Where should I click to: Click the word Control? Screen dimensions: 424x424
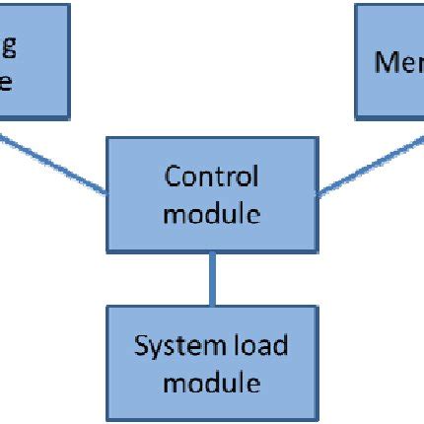pos(211,177)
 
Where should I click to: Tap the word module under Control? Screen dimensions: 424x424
pos(211,212)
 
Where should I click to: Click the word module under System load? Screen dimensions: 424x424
pos(211,381)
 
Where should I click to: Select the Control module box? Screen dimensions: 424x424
pos(211,195)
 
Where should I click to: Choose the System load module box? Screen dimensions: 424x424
pos(211,363)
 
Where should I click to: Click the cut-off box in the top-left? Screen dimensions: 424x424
pos(35,59)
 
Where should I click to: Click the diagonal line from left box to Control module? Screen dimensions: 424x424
pos(54,163)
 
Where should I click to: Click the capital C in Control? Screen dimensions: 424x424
pos(172,177)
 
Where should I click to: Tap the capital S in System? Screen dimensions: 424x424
pos(141,346)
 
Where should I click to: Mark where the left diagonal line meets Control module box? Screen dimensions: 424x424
pos(106,192)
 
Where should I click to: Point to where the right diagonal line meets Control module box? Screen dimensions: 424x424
pos(316,191)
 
